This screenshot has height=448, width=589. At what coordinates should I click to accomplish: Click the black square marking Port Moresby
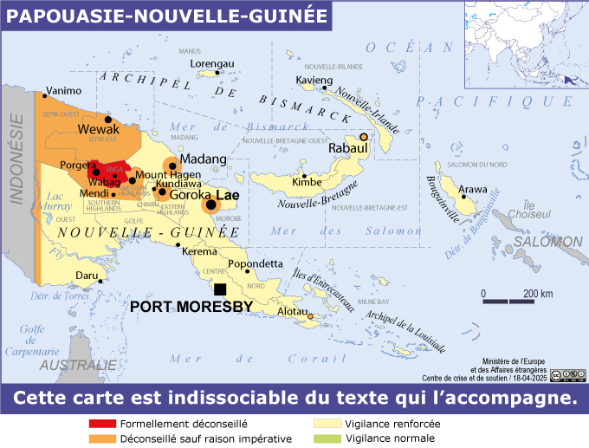(x=220, y=289)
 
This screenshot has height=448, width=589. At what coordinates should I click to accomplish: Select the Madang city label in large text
(x=203, y=159)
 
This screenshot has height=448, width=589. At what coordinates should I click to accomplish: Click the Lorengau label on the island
(x=212, y=63)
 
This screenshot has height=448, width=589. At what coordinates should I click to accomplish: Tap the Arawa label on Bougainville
(x=473, y=188)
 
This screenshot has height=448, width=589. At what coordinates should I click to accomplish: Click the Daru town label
(x=87, y=275)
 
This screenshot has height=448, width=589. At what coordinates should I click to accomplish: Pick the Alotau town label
(x=292, y=310)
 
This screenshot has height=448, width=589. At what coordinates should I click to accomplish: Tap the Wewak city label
(x=99, y=129)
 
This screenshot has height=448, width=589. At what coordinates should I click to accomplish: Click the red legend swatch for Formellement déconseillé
(x=102, y=425)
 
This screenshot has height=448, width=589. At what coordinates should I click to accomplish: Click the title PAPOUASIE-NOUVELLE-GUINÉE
(x=167, y=16)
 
